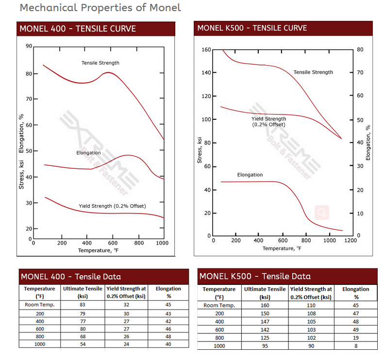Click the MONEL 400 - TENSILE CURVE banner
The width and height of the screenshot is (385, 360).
pyautogui.click(x=78, y=29)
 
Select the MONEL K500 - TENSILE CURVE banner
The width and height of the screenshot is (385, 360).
pyautogui.click(x=252, y=28)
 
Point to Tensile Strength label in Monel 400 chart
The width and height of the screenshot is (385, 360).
pyautogui.click(x=100, y=63)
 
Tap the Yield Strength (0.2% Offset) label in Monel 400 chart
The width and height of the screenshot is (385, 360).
pyautogui.click(x=112, y=206)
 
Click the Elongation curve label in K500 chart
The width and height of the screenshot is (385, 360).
pyautogui.click(x=250, y=175)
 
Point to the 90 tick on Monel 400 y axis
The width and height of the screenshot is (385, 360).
pyautogui.click(x=29, y=47)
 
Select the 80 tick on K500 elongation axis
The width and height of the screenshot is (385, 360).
pyautogui.click(x=360, y=50)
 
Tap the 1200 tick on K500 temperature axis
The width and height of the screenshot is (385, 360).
pyautogui.click(x=352, y=241)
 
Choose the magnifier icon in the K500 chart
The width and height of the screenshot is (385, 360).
pyautogui.click(x=322, y=212)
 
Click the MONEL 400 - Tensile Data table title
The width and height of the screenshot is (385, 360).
pyautogui.click(x=70, y=277)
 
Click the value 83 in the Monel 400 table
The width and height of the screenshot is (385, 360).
pyautogui.click(x=83, y=305)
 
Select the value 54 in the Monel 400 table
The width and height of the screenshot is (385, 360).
pyautogui.click(x=83, y=344)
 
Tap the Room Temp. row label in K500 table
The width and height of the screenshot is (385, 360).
pyautogui.click(x=219, y=305)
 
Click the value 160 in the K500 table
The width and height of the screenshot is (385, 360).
pyautogui.click(x=265, y=305)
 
